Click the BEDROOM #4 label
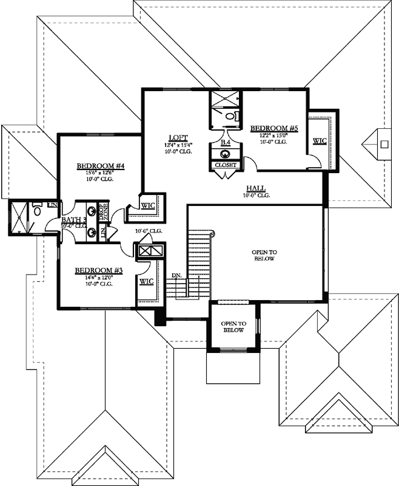coord(101,166)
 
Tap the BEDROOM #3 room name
coord(99,270)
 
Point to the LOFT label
coord(178,137)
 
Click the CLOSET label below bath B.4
coord(226,165)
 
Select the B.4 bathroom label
coord(226,142)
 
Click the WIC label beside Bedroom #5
coord(319,141)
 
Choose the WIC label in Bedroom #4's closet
coord(148,205)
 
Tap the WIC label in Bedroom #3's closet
coord(146,281)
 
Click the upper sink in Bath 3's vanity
coord(92,212)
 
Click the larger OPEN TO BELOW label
coord(264,255)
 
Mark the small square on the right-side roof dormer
coord(383,144)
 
